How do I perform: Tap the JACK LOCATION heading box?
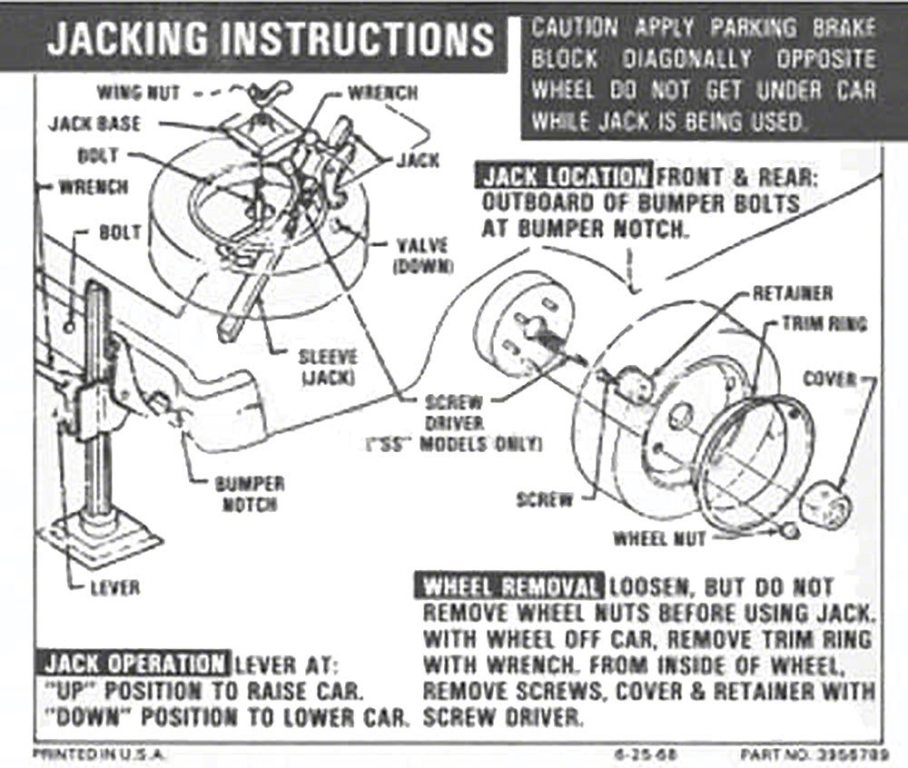tap(566, 176)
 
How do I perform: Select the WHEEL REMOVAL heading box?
tap(510, 586)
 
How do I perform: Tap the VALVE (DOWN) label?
tap(423, 255)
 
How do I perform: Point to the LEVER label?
tap(115, 587)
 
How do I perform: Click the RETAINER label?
tap(791, 294)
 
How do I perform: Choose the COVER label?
tap(829, 379)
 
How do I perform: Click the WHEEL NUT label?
tap(659, 538)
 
